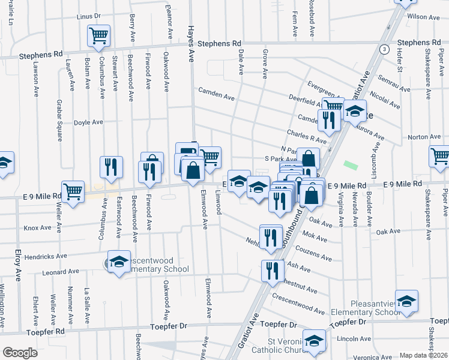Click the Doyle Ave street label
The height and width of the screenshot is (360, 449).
[x=88, y=122]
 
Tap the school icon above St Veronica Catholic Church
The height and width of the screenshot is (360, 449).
[x=313, y=341]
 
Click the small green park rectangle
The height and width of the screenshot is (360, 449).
[x=349, y=163]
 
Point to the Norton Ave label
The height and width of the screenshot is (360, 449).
[x=425, y=137]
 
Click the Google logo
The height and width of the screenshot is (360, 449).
[x=20, y=353]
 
